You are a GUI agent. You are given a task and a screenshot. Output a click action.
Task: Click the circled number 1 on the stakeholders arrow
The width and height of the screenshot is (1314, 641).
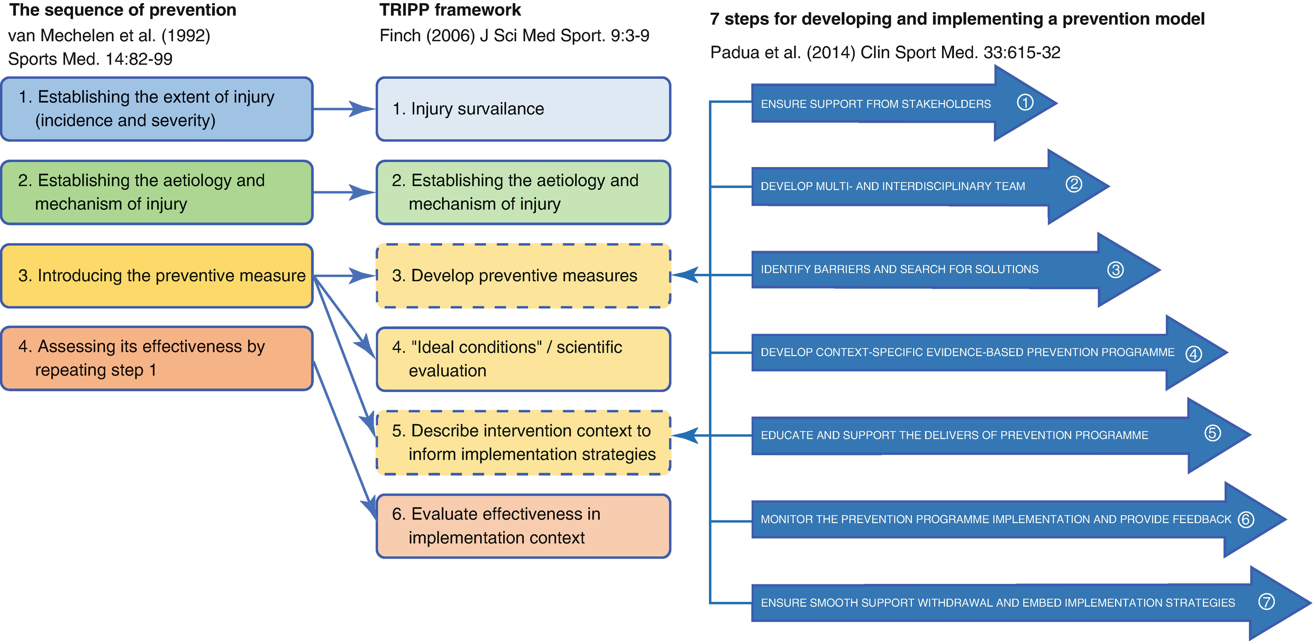point(1025,103)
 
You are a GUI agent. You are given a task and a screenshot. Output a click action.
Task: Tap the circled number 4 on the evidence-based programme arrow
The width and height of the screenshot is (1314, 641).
point(1193,354)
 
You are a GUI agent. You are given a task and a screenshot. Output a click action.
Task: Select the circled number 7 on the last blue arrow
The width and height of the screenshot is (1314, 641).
point(1266,601)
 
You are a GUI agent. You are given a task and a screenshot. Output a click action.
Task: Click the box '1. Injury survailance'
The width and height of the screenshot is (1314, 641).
point(523,109)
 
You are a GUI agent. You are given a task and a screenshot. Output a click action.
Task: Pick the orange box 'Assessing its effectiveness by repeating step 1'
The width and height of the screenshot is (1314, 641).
point(157,358)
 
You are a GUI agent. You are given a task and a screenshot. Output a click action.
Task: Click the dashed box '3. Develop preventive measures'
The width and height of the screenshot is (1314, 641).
point(523,275)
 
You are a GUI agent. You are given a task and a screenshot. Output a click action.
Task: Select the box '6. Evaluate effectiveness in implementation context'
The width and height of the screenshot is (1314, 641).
point(523,526)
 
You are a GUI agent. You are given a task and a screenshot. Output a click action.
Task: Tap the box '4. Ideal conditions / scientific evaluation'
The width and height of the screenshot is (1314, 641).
point(523,359)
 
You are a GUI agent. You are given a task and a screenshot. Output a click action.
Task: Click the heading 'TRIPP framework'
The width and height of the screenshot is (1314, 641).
point(450,10)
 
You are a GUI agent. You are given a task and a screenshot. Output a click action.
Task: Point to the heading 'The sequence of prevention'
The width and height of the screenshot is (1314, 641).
point(123,10)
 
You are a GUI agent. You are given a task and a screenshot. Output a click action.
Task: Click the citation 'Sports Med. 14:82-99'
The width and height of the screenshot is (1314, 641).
point(90,59)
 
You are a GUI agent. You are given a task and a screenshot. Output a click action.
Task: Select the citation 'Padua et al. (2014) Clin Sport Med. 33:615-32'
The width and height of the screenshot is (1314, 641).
point(885,52)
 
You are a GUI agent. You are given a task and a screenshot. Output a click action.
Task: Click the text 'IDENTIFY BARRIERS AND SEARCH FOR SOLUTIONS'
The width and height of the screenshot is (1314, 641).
point(899,270)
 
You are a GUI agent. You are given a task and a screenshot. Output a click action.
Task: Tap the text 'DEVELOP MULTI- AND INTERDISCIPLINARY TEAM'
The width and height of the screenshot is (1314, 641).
point(892,186)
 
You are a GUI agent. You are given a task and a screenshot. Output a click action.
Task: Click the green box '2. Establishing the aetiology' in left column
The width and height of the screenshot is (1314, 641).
point(157,192)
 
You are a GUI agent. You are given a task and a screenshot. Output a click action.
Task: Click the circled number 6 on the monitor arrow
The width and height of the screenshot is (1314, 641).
point(1246,519)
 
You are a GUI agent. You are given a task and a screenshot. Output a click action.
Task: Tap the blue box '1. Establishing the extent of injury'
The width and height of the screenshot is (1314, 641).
point(157,109)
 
